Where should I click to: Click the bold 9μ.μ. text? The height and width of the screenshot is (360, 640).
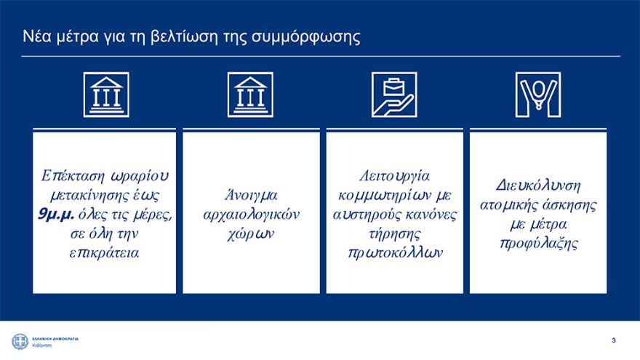(57, 215)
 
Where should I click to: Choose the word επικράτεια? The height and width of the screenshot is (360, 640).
(106, 253)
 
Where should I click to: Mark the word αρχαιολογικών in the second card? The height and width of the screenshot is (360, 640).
(250, 215)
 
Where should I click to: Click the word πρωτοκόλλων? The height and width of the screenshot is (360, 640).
(395, 253)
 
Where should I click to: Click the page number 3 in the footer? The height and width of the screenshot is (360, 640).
(614, 340)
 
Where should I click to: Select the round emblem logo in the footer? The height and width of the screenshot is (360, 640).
(18, 340)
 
